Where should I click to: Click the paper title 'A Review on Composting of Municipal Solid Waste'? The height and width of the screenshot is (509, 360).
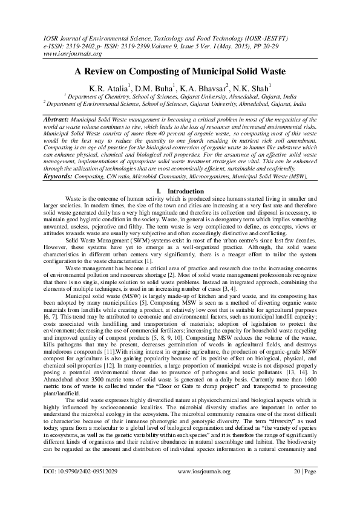coord(180,71)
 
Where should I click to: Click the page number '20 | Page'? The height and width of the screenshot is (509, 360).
coord(303,487)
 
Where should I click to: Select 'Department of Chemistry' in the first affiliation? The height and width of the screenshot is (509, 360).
coord(99,97)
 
